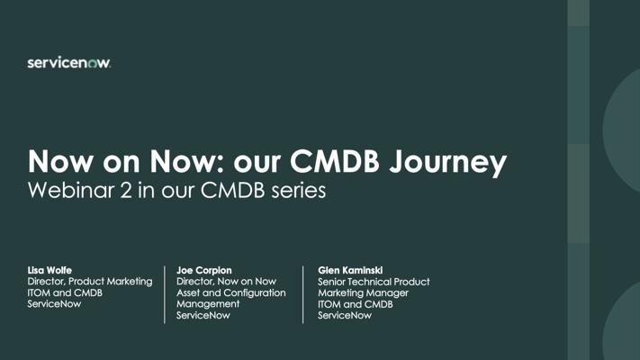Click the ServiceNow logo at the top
(x=69, y=62)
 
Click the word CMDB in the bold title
(x=335, y=161)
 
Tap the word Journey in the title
(x=447, y=163)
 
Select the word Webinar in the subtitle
(x=71, y=191)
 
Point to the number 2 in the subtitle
(x=126, y=191)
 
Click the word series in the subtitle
(x=299, y=191)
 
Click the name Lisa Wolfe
(x=50, y=270)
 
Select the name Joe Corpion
(x=204, y=270)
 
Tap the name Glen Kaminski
(x=350, y=270)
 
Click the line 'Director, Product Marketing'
(x=90, y=282)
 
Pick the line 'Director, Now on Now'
(x=226, y=282)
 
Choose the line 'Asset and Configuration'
(x=231, y=292)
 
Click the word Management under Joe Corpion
(x=208, y=304)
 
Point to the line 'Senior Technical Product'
(x=374, y=282)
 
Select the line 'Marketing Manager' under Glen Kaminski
(x=363, y=293)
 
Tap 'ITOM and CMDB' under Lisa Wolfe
(x=65, y=292)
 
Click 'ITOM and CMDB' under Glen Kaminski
(x=355, y=304)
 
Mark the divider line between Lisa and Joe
(x=165, y=294)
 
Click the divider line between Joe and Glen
(x=302, y=294)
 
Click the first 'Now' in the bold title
(x=60, y=161)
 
